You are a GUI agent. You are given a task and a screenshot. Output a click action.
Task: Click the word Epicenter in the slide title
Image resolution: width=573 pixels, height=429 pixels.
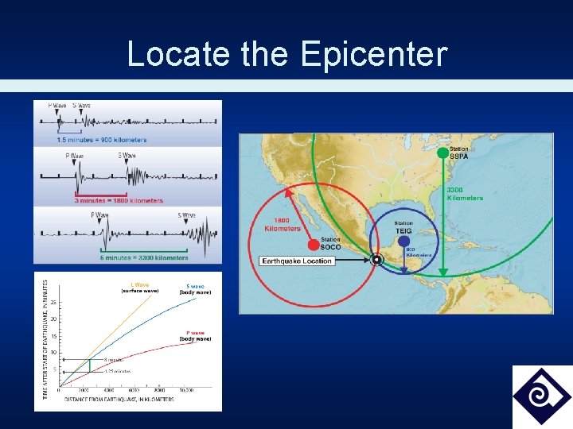click(x=374, y=54)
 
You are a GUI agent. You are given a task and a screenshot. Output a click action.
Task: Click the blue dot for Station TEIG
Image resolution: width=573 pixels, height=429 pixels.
click(x=403, y=241)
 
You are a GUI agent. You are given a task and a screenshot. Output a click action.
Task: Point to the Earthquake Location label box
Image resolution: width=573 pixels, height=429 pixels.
click(x=297, y=261)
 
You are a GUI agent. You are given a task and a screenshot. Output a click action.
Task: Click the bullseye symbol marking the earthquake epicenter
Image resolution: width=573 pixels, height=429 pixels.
click(x=377, y=260)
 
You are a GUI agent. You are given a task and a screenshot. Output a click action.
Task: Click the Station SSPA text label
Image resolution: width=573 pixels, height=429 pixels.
click(x=459, y=153)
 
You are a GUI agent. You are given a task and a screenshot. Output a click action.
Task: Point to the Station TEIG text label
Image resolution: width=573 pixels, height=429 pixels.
click(x=403, y=227)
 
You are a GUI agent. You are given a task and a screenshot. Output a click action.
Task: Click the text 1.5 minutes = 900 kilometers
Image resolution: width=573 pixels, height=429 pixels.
click(x=101, y=141)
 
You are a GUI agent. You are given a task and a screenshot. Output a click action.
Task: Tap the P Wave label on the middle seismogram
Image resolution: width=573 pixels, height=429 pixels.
click(x=74, y=155)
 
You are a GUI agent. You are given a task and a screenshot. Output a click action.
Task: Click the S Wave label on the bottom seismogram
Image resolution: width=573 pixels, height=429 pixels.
click(x=186, y=214)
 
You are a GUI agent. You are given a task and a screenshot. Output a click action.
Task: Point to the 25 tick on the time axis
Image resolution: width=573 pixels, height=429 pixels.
click(x=53, y=302)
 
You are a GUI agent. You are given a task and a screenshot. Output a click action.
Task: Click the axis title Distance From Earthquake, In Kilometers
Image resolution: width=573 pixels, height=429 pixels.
click(x=119, y=399)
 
